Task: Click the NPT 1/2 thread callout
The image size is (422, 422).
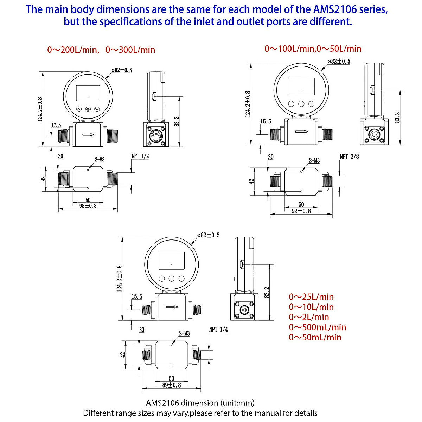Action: pyautogui.click(x=140, y=156)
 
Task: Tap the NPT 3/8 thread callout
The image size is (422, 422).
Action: pyautogui.click(x=349, y=156)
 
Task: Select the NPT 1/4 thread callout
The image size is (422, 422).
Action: pyautogui.click(x=218, y=329)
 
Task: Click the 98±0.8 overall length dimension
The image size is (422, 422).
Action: pyautogui.click(x=88, y=206)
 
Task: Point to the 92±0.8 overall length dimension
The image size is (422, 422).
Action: pyautogui.click(x=301, y=211)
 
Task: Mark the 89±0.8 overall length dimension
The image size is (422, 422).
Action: pyautogui.click(x=171, y=385)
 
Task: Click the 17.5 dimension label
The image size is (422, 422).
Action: pyautogui.click(x=56, y=125)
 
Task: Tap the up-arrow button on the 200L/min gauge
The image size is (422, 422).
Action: pyautogui.click(x=79, y=109)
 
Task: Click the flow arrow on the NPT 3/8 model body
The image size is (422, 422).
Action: pyautogui.click(x=301, y=132)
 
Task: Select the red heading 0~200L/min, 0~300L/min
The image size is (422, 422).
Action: pyautogui.click(x=101, y=50)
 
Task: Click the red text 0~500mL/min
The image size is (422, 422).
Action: pyautogui.click(x=317, y=327)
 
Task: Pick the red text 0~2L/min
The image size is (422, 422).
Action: pyautogui.click(x=309, y=317)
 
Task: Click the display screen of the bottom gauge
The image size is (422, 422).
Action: pyautogui.click(x=171, y=261)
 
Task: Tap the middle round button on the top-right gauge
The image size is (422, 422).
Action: pyautogui.click(x=301, y=104)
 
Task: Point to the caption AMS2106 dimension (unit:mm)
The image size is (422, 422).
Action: pyautogui.click(x=200, y=403)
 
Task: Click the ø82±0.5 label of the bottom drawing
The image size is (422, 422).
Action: pyautogui.click(x=208, y=235)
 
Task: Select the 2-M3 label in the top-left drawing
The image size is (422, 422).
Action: pyautogui.click(x=100, y=159)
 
